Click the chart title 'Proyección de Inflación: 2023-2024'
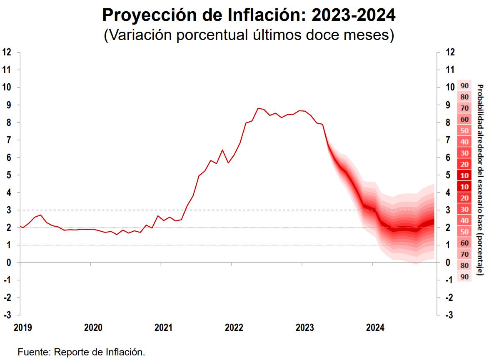pyautogui.click(x=249, y=16)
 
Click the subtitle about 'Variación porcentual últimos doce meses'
pyautogui.click(x=249, y=35)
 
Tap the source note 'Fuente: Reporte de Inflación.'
pyautogui.click(x=81, y=352)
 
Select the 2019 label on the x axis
pyautogui.click(x=22, y=327)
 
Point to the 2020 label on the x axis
pyautogui.click(x=93, y=327)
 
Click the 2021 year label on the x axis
pyautogui.click(x=163, y=327)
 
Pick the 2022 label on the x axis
pyautogui.click(x=234, y=327)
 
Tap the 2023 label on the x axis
pyautogui.click(x=304, y=327)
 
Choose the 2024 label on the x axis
pyautogui.click(x=375, y=327)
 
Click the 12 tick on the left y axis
pyautogui.click(x=6, y=52)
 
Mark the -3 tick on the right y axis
pyautogui.click(x=449, y=315)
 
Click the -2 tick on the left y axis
pyautogui.click(x=7, y=297)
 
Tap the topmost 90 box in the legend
pyautogui.click(x=465, y=86)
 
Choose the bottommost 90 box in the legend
pyautogui.click(x=465, y=277)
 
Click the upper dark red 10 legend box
pyautogui.click(x=465, y=176)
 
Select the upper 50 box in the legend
pyautogui.click(x=465, y=131)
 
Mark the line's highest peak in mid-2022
pyautogui.click(x=258, y=108)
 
